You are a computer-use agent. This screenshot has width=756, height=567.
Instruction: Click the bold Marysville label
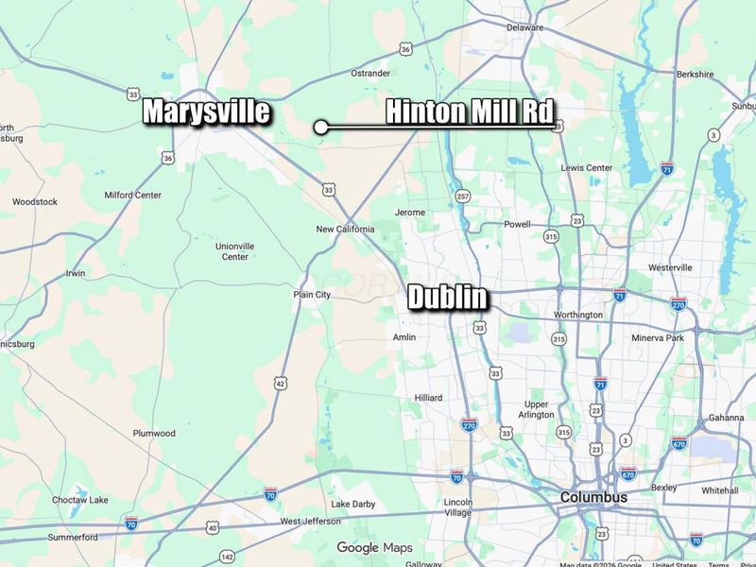(x=206, y=112)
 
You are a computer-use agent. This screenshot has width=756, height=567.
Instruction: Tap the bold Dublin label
(x=448, y=298)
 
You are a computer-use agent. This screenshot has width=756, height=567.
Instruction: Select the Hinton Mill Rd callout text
(x=469, y=112)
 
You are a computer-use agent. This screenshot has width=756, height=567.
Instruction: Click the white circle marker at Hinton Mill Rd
(x=321, y=126)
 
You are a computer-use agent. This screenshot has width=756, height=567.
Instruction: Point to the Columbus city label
(x=593, y=497)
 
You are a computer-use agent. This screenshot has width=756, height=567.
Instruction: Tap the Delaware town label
(x=525, y=27)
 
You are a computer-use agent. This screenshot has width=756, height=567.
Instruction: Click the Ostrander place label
(x=370, y=73)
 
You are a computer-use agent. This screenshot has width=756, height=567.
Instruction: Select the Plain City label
(x=312, y=295)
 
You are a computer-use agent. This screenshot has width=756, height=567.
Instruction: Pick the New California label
(x=345, y=230)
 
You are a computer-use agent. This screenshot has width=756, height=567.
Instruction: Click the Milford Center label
(x=132, y=196)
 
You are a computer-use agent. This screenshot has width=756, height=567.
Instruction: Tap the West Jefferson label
(x=309, y=522)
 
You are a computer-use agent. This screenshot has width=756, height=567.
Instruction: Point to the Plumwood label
(x=154, y=434)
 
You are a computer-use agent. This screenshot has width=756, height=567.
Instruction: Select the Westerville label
(x=670, y=267)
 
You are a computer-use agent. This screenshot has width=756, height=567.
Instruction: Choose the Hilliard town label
(x=428, y=398)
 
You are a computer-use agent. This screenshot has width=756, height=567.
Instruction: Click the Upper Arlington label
(x=536, y=410)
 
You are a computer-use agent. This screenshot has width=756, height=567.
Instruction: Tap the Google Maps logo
(x=375, y=548)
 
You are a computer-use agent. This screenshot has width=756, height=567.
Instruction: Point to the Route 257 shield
(x=462, y=197)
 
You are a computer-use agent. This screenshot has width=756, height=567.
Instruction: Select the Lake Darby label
(x=352, y=505)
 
